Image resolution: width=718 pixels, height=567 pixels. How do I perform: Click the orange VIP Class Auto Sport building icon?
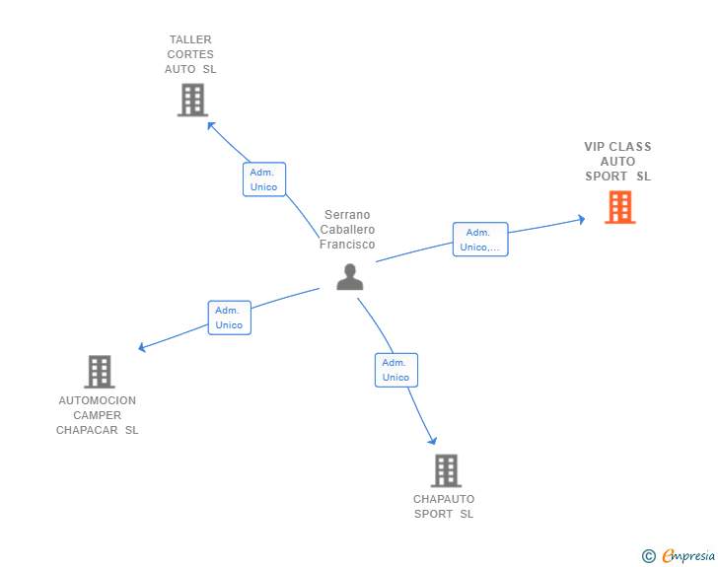[x=619, y=207]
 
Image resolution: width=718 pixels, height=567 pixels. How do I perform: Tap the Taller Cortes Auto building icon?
[x=192, y=100]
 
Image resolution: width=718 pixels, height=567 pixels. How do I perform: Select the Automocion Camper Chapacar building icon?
[x=99, y=372]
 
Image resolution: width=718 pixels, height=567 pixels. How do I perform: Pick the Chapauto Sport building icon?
[x=446, y=470]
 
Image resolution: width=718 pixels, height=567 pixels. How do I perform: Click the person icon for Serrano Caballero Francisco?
[x=349, y=277]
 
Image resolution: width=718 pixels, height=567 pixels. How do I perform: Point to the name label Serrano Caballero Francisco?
[x=347, y=230]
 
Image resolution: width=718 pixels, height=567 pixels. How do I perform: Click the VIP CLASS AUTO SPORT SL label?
[x=617, y=162]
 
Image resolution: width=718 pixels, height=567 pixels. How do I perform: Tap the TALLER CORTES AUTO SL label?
[x=190, y=54]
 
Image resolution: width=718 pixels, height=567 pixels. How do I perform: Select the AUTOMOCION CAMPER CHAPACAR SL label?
[x=98, y=415]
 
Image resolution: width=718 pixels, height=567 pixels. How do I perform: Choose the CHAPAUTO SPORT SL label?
[x=444, y=506]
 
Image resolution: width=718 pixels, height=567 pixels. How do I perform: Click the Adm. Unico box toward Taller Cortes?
[x=263, y=179]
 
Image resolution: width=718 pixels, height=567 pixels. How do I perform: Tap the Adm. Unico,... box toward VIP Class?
[x=480, y=240]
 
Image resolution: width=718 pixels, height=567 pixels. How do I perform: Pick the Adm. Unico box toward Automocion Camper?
[x=229, y=318]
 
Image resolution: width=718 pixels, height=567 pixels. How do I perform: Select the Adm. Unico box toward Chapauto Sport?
[x=395, y=370]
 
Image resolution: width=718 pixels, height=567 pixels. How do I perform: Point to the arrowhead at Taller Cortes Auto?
[x=210, y=125]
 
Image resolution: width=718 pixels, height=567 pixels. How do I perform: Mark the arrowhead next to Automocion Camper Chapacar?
[x=143, y=347]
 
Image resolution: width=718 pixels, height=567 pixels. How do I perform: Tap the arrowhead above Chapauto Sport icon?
[x=432, y=441]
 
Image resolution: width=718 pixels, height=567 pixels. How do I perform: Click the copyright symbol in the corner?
[x=648, y=556]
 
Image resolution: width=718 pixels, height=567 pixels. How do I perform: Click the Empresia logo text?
[x=688, y=555]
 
